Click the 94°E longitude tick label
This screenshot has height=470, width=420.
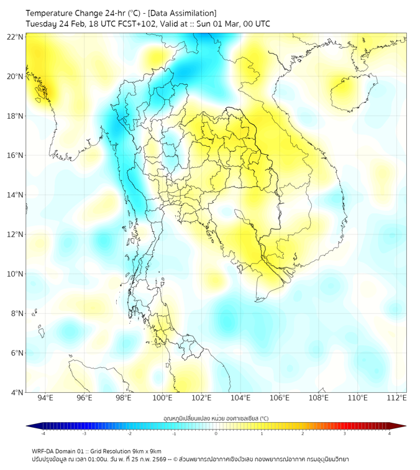coord(45,398)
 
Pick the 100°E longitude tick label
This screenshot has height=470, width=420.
coord(162,398)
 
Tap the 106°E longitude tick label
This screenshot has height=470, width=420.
coord(280,398)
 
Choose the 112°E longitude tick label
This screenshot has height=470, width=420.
coord(397,398)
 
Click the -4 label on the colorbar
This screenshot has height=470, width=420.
coord(43,433)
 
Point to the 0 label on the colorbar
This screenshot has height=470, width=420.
coord(216,433)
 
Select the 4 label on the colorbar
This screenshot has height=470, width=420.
coord(390,433)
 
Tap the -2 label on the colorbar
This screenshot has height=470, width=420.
coord(129,433)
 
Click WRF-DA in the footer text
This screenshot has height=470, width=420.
coord(43,451)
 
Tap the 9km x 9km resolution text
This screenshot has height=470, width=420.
coord(143,451)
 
